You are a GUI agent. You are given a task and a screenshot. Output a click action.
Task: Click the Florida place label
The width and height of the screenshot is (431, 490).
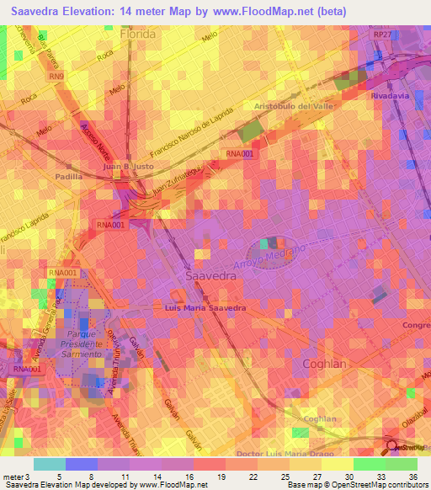click(139, 36)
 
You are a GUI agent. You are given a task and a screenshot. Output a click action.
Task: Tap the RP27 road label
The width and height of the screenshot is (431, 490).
click(383, 34)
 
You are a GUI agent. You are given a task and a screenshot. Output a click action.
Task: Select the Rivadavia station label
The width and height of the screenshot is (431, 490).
click(389, 96)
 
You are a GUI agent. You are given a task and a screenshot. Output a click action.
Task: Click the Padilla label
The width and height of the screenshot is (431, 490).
click(68, 177)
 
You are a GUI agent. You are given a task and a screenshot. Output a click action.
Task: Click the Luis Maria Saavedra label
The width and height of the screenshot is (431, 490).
click(204, 308)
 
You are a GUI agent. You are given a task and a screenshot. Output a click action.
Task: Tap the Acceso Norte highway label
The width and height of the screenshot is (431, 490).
click(96, 140)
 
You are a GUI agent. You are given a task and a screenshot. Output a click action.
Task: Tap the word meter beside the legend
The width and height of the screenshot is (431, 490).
click(13, 477)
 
